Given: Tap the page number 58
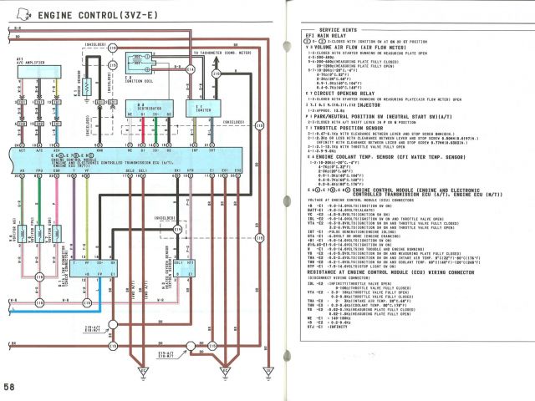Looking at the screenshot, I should pyautogui.click(x=9, y=387).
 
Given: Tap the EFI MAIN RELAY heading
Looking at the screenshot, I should pyautogui.click(x=330, y=35).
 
